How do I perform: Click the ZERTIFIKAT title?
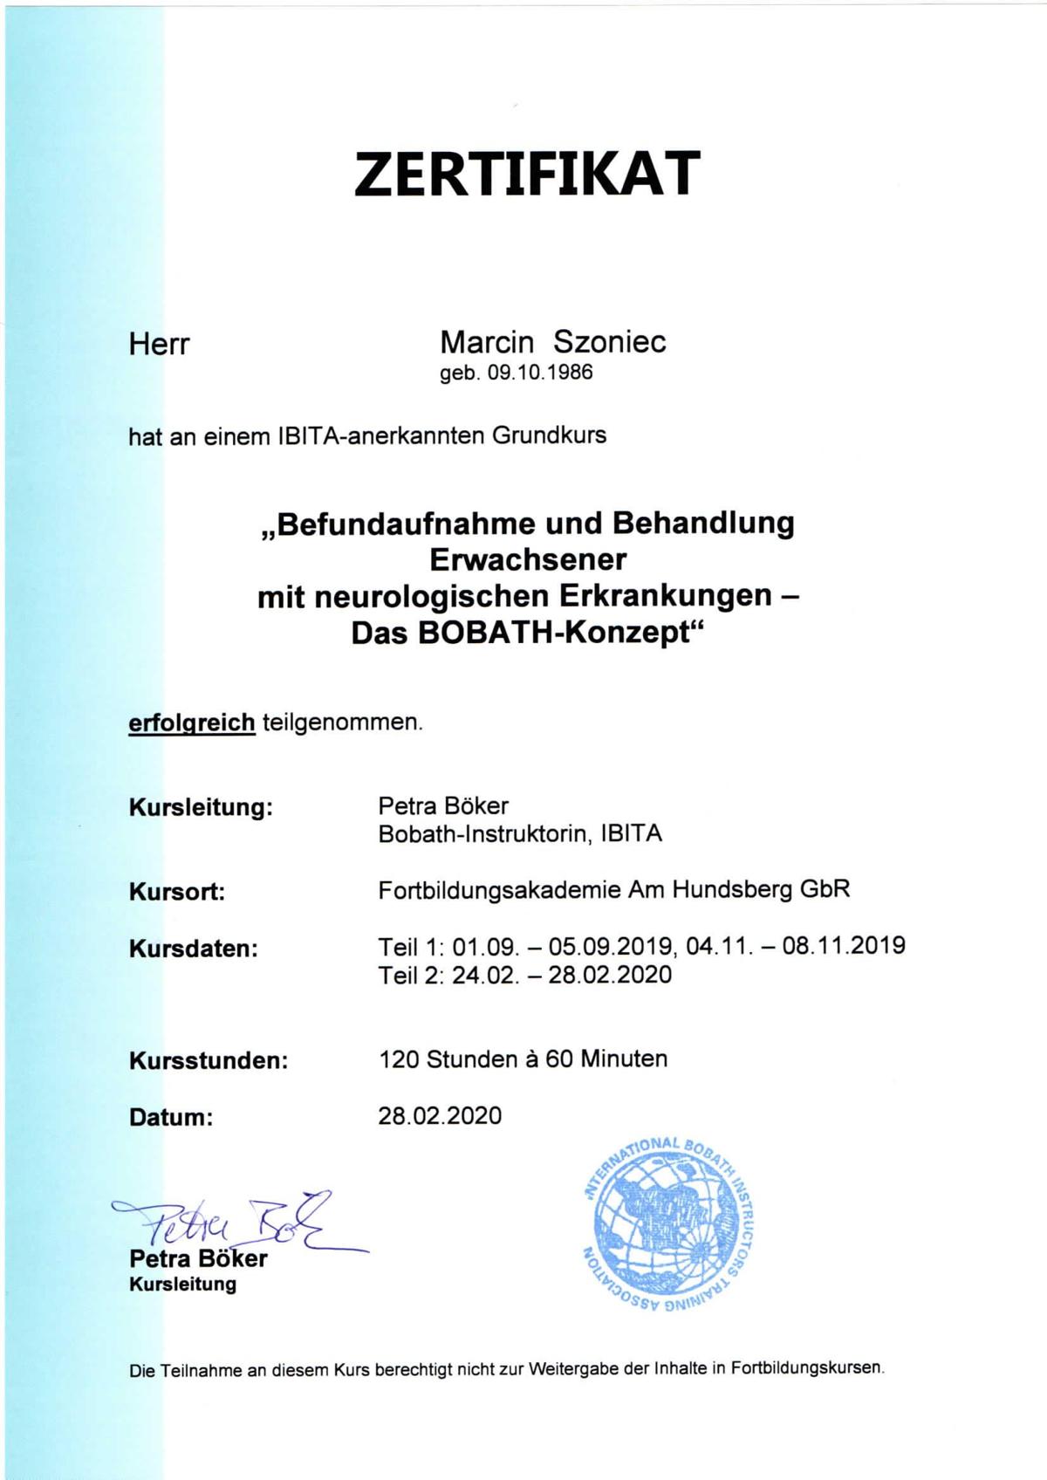click(x=527, y=173)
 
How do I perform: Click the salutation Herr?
click(x=159, y=344)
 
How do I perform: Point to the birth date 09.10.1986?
click(x=539, y=373)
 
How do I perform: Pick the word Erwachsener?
click(x=528, y=558)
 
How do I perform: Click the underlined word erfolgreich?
click(x=192, y=723)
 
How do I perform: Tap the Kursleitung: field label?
click(x=201, y=807)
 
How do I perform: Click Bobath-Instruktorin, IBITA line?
click(x=520, y=833)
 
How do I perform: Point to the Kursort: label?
click(x=177, y=892)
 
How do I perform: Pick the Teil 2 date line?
click(x=525, y=974)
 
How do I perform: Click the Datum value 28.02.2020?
click(x=440, y=1115)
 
